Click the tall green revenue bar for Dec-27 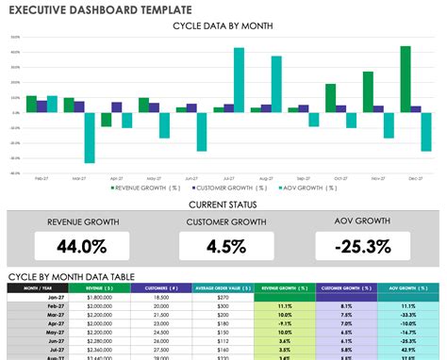pyautogui.click(x=406, y=79)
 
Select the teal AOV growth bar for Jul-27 pyautogui.click(x=240, y=80)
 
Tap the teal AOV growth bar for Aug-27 pyautogui.click(x=276, y=84)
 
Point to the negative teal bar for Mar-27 pyautogui.click(x=90, y=138)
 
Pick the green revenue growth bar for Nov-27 pyautogui.click(x=368, y=91)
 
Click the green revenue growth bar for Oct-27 pyautogui.click(x=331, y=98)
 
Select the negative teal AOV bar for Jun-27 pyautogui.click(x=202, y=132)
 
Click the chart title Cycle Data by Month pyautogui.click(x=223, y=25)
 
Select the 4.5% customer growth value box pyautogui.click(x=223, y=247)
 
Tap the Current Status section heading pyautogui.click(x=223, y=204)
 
